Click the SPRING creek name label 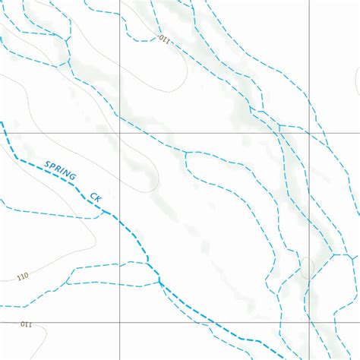click(x=61, y=171)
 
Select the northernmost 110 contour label click(x=165, y=39)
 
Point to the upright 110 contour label click(x=22, y=276)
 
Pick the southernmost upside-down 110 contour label click(x=26, y=325)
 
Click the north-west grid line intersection click(x=118, y=133)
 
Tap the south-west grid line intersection click(x=118, y=322)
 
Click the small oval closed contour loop click(x=307, y=267)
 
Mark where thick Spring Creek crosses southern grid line click(x=212, y=322)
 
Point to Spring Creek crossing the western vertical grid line click(x=118, y=219)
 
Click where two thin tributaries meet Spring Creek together click(x=160, y=283)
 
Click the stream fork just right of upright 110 click(x=68, y=282)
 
